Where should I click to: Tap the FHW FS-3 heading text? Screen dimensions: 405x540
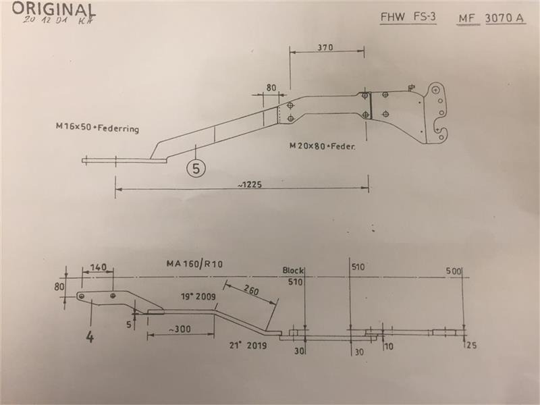[408, 18]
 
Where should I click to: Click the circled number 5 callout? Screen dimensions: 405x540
[196, 169]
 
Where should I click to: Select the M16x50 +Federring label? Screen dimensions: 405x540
[98, 128]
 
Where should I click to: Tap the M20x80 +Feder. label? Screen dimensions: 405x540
[322, 145]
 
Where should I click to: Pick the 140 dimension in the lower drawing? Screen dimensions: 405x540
[99, 268]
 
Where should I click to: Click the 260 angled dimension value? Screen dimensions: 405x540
[251, 292]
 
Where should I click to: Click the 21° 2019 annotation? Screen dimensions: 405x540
[248, 346]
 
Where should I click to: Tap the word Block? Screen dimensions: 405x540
[294, 271]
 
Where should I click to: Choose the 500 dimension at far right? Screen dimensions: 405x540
[454, 271]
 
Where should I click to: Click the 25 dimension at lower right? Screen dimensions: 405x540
[470, 346]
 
